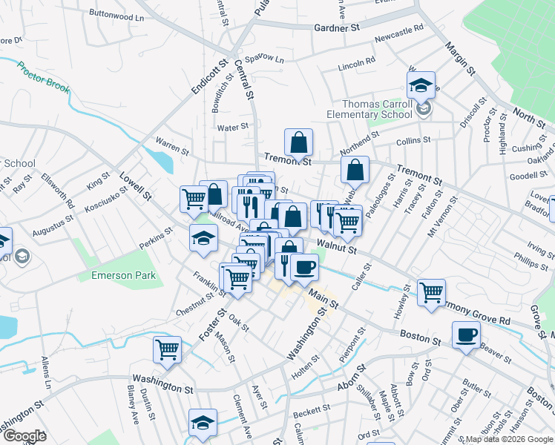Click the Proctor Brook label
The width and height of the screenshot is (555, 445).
(44, 77)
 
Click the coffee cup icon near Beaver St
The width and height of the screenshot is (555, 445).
(466, 334)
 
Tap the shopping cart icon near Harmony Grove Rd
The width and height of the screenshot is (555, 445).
(431, 291)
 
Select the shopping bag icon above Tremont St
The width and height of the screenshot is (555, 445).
(298, 141)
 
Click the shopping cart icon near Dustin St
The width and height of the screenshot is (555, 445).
(168, 349)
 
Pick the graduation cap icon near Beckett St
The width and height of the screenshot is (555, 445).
(203, 421)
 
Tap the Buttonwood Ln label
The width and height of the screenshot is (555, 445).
(116, 15)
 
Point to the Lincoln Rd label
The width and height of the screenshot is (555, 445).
(357, 65)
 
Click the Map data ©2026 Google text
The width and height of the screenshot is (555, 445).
(508, 439)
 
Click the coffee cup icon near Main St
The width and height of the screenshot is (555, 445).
(303, 267)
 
